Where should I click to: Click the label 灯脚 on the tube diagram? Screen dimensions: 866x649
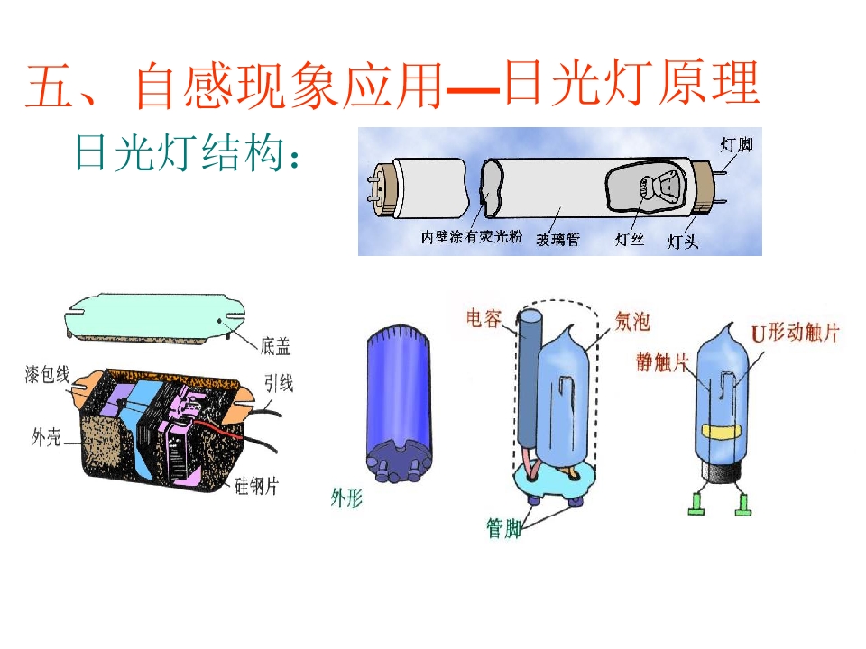click(736, 145)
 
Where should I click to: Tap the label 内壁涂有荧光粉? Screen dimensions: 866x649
click(471, 237)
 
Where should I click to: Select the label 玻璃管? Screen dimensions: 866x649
click(557, 239)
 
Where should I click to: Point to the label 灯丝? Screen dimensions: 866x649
click(630, 239)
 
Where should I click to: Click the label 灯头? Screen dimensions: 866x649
click(683, 242)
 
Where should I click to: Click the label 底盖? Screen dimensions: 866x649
click(275, 346)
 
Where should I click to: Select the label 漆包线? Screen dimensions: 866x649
click(48, 375)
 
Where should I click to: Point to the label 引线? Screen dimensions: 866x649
click(278, 383)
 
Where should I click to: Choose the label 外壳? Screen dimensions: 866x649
click(46, 438)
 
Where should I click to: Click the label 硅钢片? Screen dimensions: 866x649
click(256, 486)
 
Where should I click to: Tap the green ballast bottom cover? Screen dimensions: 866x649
click(155, 318)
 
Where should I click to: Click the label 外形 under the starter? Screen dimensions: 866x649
click(346, 498)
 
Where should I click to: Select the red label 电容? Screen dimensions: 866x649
click(484, 318)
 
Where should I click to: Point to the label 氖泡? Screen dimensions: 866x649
click(632, 322)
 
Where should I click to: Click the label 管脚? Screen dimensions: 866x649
click(503, 528)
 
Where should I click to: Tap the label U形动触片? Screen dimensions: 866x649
click(795, 333)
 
